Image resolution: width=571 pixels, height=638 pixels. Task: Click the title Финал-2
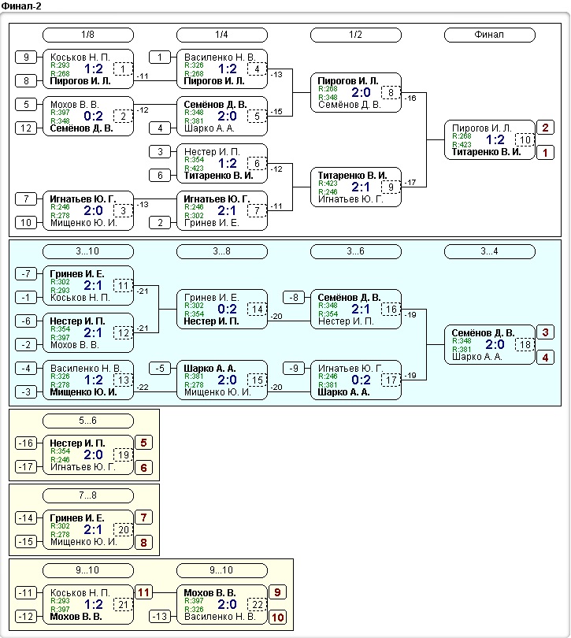21,6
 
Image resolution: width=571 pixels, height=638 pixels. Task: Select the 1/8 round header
88,35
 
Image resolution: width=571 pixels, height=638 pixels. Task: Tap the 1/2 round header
356,35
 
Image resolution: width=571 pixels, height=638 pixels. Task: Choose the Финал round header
490,35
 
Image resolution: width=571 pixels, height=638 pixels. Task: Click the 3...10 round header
88,251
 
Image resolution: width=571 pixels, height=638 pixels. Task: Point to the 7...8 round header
88,495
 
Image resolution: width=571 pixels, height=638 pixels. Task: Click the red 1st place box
545,153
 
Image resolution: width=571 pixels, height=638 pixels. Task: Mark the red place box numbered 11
143,592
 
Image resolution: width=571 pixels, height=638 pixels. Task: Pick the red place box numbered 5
143,443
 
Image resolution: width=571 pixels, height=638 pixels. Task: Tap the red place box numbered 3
545,332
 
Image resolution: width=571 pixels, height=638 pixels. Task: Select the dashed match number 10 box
525,139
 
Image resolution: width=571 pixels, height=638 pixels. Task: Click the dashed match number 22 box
258,604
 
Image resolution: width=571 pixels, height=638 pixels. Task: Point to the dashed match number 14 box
258,310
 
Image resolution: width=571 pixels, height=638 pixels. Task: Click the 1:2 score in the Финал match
495,140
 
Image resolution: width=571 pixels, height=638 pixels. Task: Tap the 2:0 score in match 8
361,92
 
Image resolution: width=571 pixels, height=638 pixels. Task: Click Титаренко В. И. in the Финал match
486,152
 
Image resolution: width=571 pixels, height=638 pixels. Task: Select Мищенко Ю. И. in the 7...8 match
83,542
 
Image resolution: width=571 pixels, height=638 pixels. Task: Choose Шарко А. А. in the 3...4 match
477,357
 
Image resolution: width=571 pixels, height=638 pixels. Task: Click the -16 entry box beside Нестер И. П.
26,443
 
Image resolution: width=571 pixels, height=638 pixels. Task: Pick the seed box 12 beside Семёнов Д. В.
26,128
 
